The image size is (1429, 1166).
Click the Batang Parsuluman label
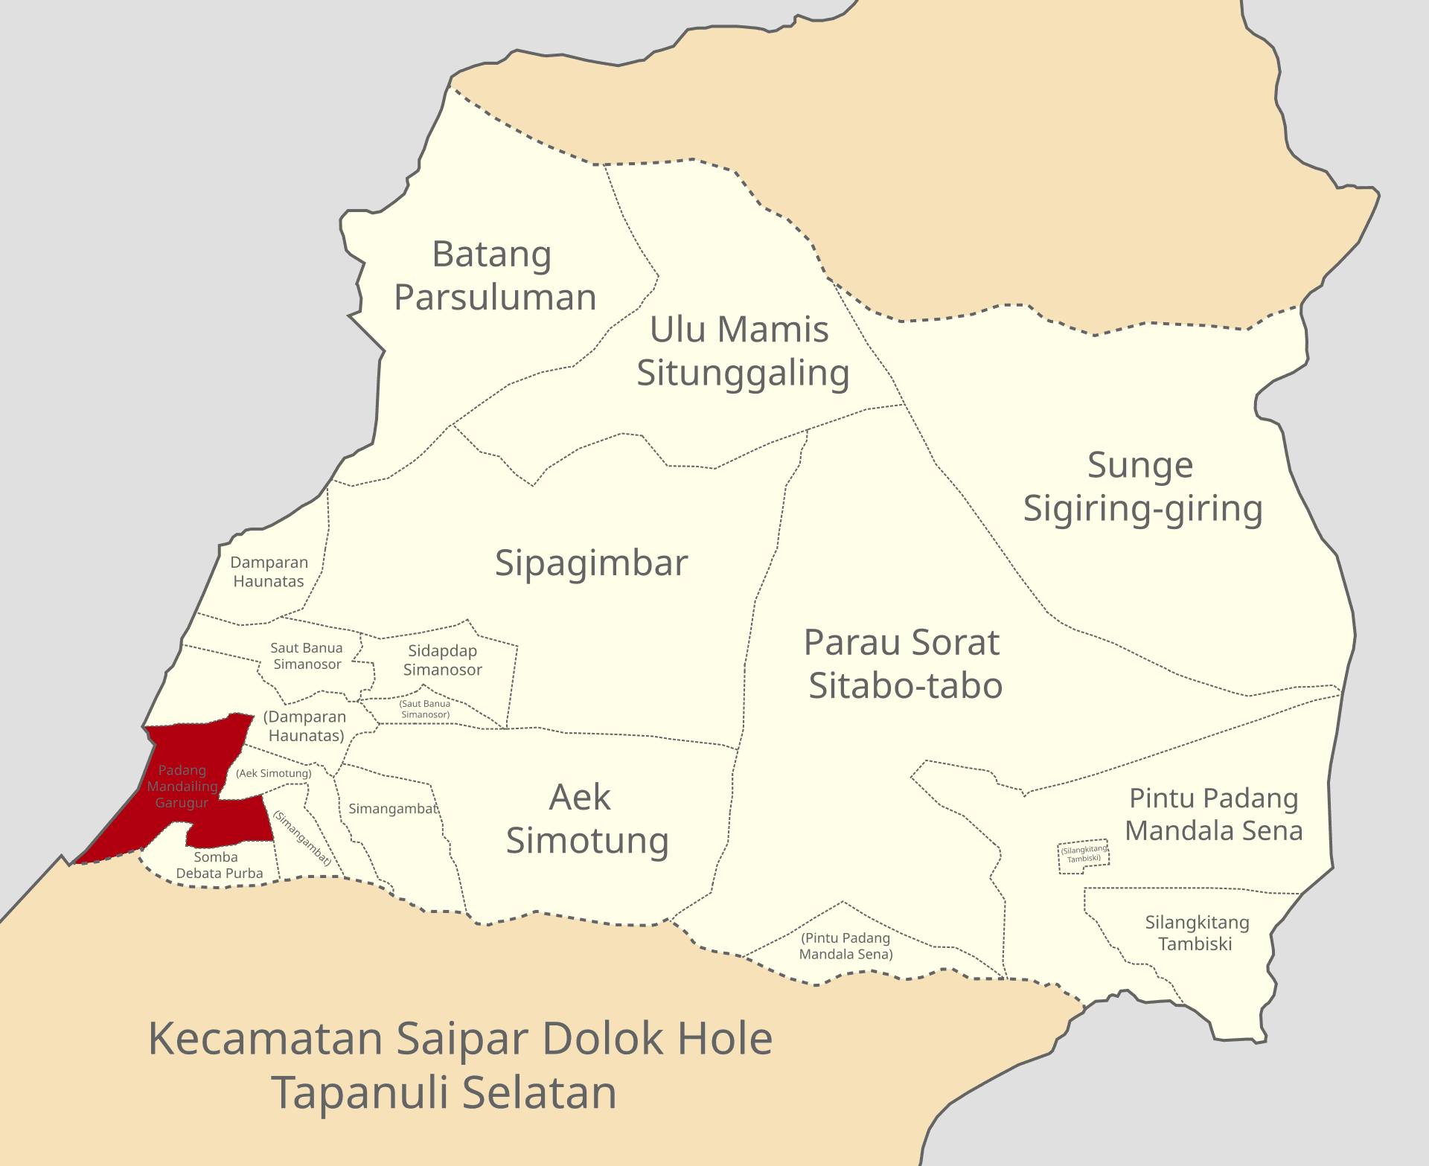tap(494, 275)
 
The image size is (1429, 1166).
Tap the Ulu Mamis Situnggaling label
tap(742, 350)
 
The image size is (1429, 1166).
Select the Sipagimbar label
tap(591, 563)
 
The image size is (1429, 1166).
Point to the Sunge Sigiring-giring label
tap(1142, 487)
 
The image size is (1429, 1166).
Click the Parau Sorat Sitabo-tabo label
tap(904, 664)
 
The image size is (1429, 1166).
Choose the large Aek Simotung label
tap(586, 819)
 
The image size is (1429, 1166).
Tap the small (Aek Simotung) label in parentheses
tap(274, 773)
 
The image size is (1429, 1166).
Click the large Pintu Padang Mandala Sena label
tap(1213, 814)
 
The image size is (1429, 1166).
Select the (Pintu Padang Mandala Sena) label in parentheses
tap(845, 946)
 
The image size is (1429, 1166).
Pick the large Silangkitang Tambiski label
tap(1196, 933)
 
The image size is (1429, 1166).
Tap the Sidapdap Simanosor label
tap(442, 660)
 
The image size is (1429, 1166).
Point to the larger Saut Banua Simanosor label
tap(307, 656)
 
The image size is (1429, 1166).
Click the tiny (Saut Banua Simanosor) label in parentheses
tap(425, 709)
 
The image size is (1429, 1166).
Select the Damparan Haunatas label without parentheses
tap(269, 571)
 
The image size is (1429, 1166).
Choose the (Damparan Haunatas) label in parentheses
tap(305, 726)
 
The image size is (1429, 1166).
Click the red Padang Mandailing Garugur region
tap(182, 786)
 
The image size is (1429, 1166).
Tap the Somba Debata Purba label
tap(219, 865)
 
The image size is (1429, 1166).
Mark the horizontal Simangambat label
tap(393, 809)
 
